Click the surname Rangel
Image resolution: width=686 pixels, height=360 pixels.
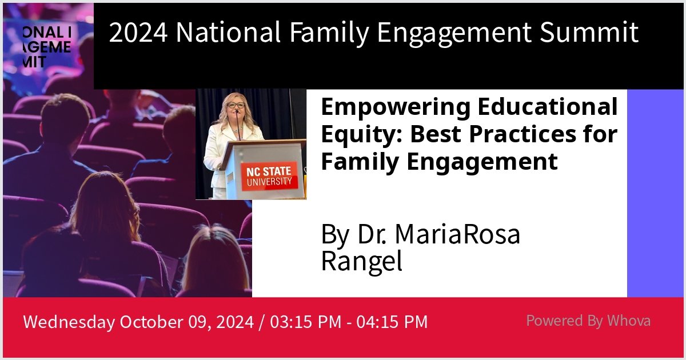pyautogui.click(x=361, y=261)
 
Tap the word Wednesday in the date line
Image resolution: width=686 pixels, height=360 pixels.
pyautogui.click(x=68, y=322)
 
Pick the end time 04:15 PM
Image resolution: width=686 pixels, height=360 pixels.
pyautogui.click(x=392, y=322)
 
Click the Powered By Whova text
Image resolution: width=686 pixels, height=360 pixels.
pyautogui.click(x=588, y=321)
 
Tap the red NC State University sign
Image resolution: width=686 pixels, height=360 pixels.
pyautogui.click(x=268, y=176)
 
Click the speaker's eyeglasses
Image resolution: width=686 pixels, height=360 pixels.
pyautogui.click(x=236, y=106)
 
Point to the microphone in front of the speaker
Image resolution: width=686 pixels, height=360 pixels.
pyautogui.click(x=238, y=123)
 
